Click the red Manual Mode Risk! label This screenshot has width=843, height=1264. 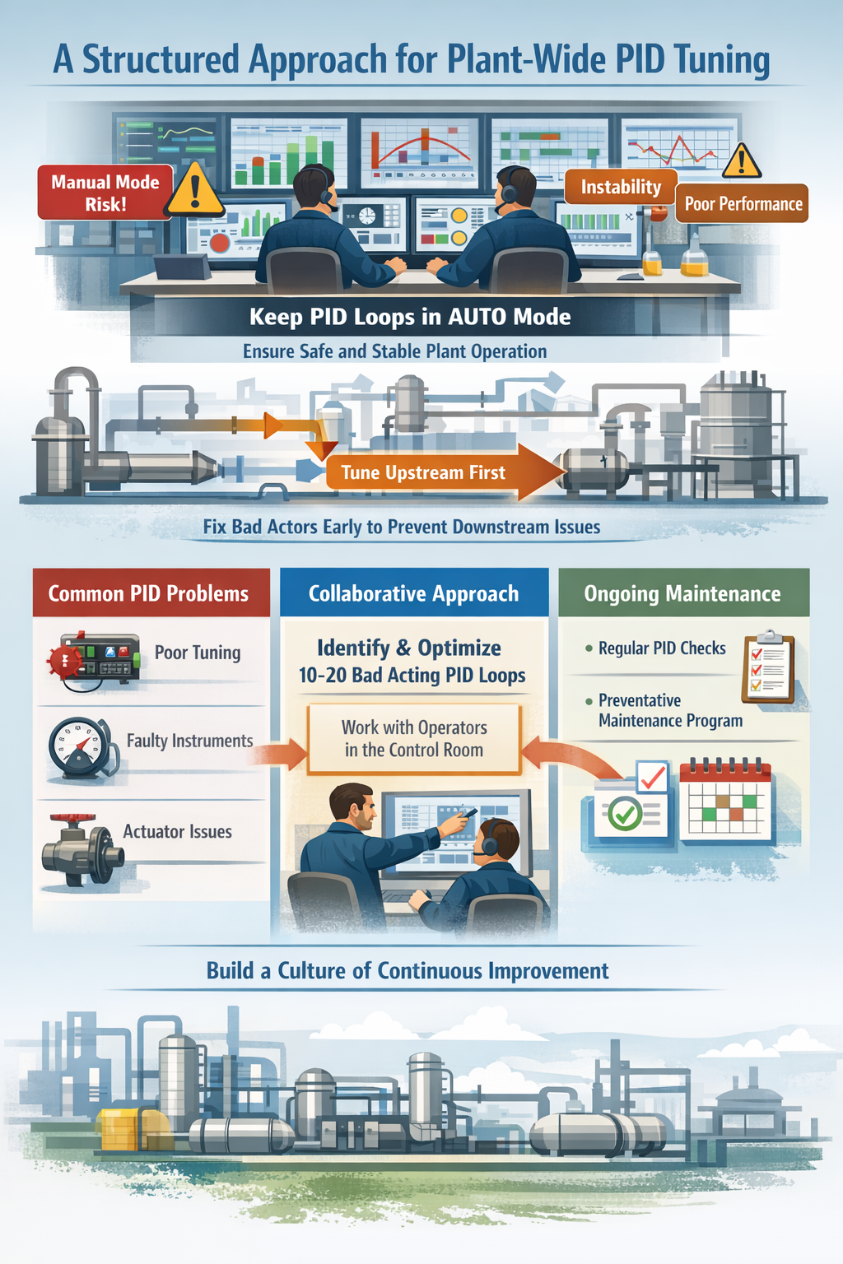pyautogui.click(x=105, y=193)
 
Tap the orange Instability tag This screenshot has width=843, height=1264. pyautogui.click(x=620, y=188)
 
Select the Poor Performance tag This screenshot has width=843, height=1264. pyautogui.click(x=743, y=204)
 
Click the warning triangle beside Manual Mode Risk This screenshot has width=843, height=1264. pyautogui.click(x=195, y=190)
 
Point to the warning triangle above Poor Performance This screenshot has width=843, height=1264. pyautogui.click(x=742, y=161)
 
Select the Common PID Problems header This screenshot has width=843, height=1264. pyautogui.click(x=149, y=593)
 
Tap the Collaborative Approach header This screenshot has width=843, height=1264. pyautogui.click(x=413, y=593)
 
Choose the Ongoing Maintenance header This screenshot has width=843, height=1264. pyautogui.click(x=682, y=593)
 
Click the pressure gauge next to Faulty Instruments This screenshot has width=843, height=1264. pyautogui.click(x=80, y=747)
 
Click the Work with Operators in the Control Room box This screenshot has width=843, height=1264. pyautogui.click(x=413, y=739)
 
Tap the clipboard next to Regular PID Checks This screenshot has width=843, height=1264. pyautogui.click(x=768, y=667)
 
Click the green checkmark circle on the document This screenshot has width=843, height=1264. pyautogui.click(x=626, y=815)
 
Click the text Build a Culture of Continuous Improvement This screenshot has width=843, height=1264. pyautogui.click(x=408, y=971)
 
